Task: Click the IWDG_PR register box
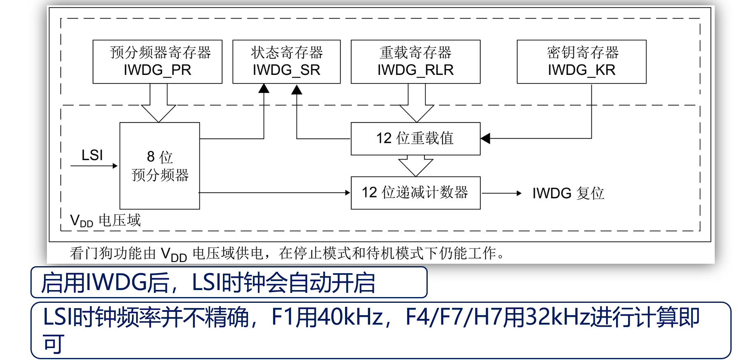[x=158, y=62]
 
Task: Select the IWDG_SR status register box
[x=287, y=62]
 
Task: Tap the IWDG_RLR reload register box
[x=415, y=62]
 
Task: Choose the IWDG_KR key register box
[x=582, y=62]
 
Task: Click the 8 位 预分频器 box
[x=160, y=166]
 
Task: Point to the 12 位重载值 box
[x=415, y=139]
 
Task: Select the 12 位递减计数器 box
[x=415, y=193]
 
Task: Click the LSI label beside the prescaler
[x=92, y=155]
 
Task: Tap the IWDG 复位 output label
[x=568, y=193]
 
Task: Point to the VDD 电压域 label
[x=106, y=221]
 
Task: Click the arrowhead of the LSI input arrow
[x=116, y=166]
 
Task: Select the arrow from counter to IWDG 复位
[x=502, y=193]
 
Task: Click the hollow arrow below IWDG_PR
[x=158, y=103]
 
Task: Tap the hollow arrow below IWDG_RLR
[x=417, y=103]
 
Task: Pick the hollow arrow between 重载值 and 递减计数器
[x=416, y=166]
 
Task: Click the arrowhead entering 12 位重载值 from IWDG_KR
[x=485, y=139]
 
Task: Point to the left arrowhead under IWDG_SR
[x=264, y=88]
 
